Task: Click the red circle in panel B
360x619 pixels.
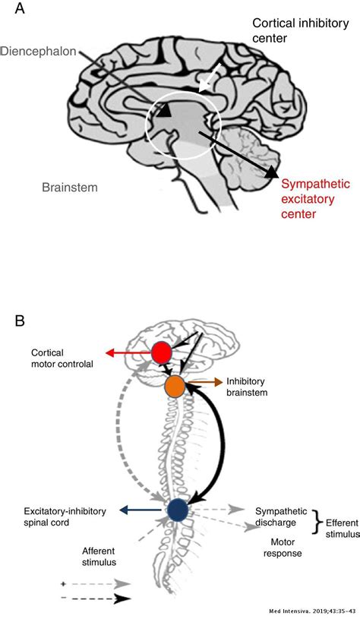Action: [x=161, y=353]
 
